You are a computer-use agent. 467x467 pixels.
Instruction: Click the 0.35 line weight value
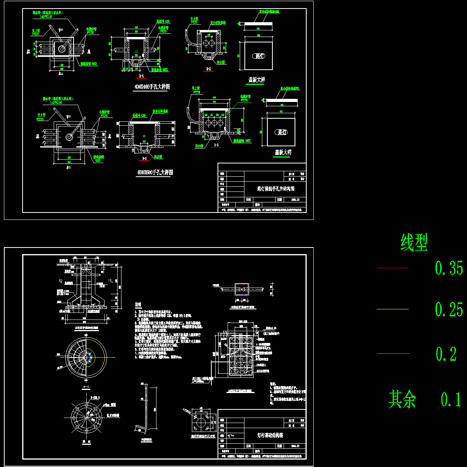point(449,269)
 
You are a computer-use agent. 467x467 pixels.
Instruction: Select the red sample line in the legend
point(393,268)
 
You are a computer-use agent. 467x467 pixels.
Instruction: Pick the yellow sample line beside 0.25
point(393,309)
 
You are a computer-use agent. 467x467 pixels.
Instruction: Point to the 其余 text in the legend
point(402,400)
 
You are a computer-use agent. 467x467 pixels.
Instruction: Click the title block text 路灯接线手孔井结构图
point(276,189)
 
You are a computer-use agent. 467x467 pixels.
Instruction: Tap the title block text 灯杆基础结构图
point(270,435)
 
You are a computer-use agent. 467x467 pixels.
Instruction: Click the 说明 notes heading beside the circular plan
point(138,304)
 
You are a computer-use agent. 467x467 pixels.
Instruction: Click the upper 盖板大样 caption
point(256,80)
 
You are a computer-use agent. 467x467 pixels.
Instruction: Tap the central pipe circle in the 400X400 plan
point(62,49)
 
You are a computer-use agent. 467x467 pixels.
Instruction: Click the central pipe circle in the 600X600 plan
point(70,137)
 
